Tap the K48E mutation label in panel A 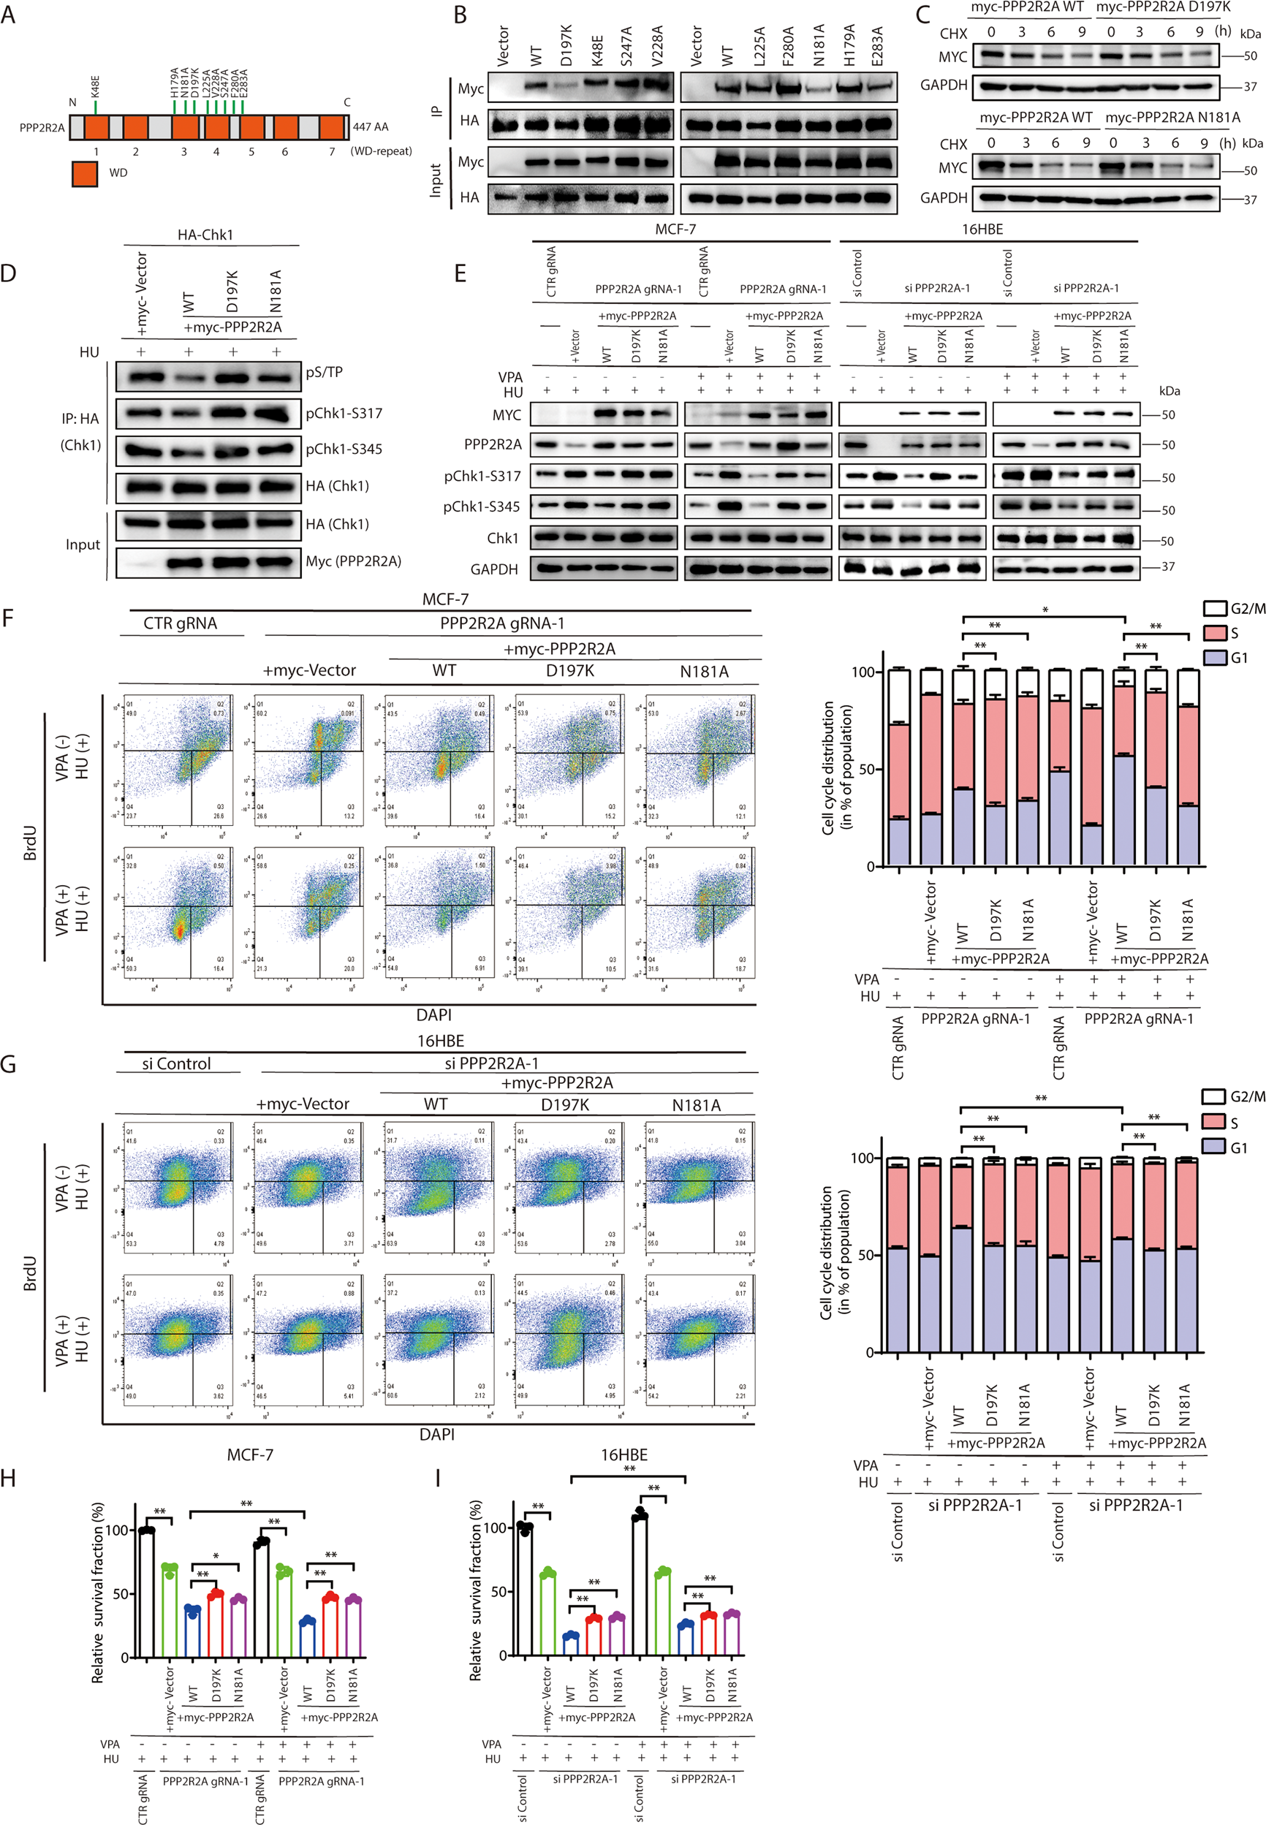95,86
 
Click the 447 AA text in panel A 371,127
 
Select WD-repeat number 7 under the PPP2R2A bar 333,151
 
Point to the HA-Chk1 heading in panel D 205,235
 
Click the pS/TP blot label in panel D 324,372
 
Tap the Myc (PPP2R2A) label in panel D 353,561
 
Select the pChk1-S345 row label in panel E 482,506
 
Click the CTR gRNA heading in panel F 180,623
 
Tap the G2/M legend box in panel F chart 1214,608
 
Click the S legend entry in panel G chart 1214,1123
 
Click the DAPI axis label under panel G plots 436,1434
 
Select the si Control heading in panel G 176,1063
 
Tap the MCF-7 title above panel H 250,1454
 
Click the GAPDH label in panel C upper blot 943,85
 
